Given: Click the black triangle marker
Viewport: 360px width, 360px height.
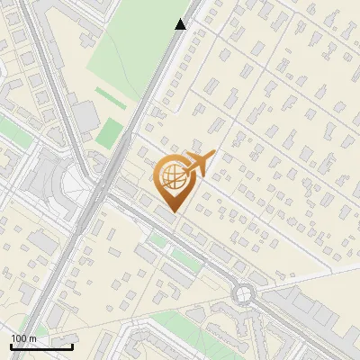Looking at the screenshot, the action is pos(181,24).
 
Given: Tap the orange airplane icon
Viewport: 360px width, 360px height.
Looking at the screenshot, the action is pos(201,163).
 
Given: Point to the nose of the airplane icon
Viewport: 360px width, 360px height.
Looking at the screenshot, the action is pos(214,155).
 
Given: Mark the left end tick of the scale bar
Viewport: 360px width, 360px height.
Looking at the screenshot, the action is pos(11,346).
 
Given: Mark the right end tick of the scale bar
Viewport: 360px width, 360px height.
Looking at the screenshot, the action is pos(73,346).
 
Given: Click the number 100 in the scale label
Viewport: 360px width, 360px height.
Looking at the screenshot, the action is pos(19,337).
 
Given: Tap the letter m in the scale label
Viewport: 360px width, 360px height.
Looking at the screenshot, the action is pos(32,337).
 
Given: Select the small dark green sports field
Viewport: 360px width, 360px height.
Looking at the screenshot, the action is pos(109,133).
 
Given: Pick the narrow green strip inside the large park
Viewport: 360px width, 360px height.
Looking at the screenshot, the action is pos(112,96).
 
